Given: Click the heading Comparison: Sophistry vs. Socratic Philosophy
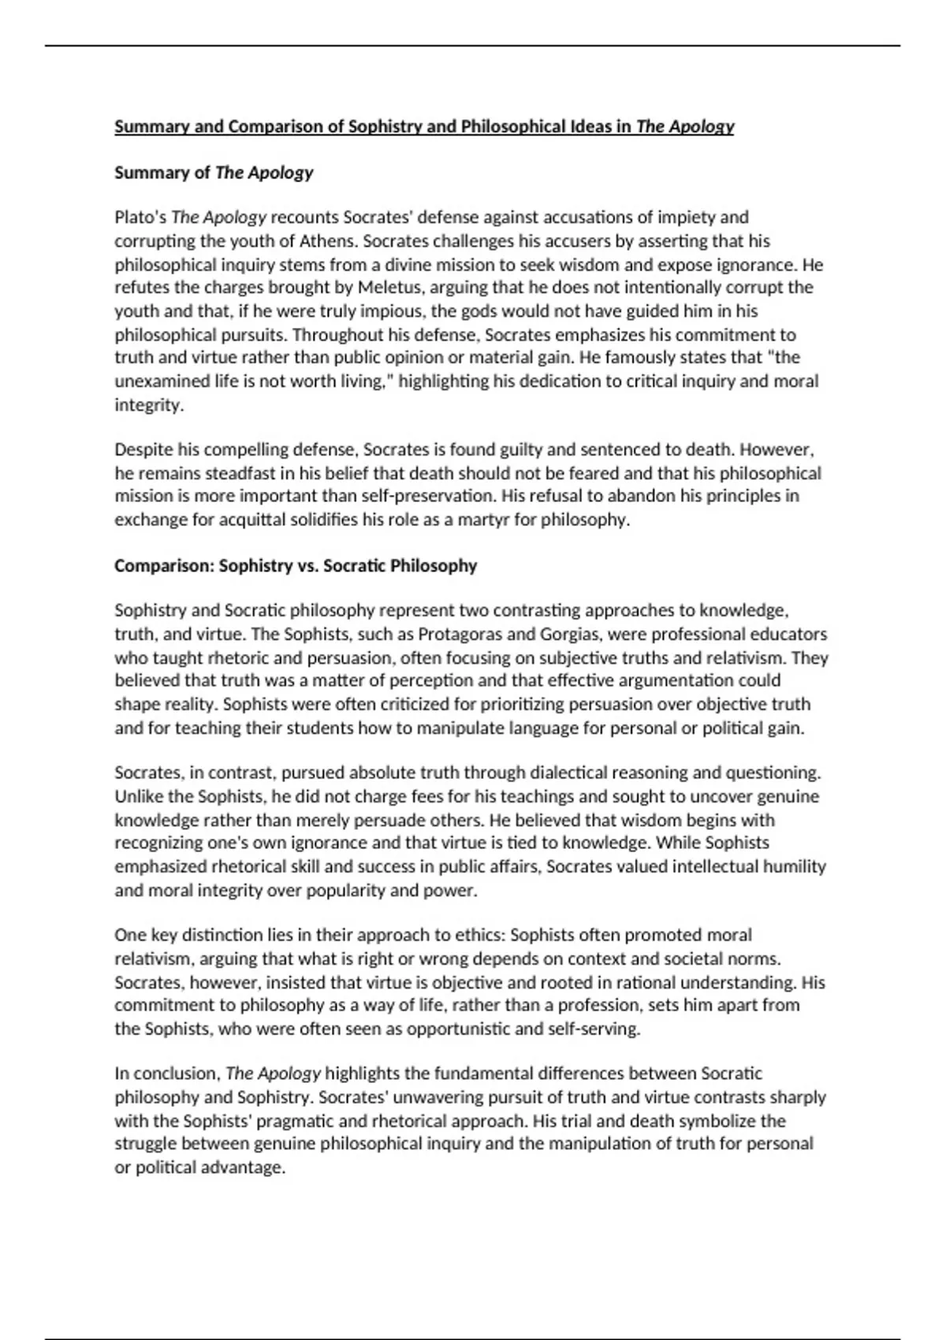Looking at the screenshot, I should point(296,566).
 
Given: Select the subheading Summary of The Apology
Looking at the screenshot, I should point(214,173).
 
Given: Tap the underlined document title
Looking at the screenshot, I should point(424,127).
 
